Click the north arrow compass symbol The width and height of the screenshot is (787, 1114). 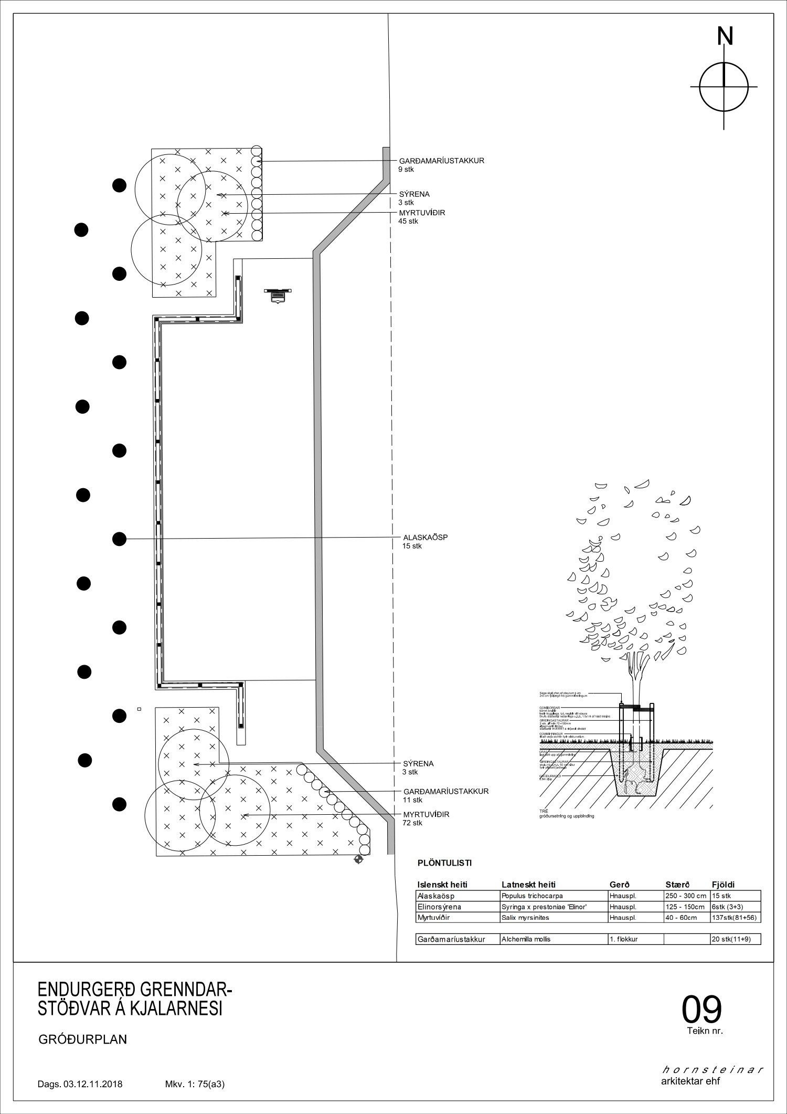[x=724, y=87]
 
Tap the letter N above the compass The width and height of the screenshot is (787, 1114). [x=725, y=37]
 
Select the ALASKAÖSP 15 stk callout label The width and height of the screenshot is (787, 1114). [x=418, y=542]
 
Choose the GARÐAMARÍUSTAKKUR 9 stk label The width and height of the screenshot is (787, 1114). [x=441, y=165]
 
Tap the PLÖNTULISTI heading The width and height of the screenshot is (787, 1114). [x=444, y=863]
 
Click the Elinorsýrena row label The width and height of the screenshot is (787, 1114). [x=439, y=907]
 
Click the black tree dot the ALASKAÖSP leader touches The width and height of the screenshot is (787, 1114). [x=120, y=539]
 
